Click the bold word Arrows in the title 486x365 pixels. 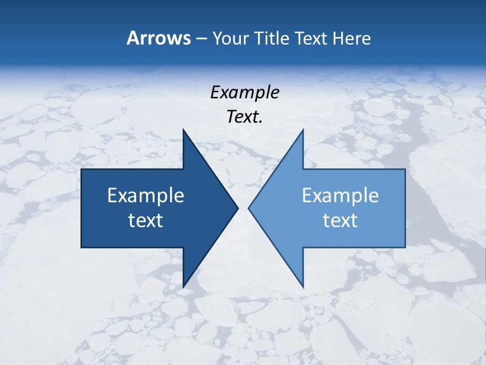158,38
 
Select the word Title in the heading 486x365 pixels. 273,39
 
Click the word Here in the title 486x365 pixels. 351,39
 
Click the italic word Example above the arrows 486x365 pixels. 245,92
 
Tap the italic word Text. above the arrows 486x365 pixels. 245,117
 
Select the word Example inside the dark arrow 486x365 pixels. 146,195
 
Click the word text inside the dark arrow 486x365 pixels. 146,220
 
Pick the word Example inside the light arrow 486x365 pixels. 340,195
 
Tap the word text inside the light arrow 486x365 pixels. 340,220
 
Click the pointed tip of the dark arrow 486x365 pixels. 237,208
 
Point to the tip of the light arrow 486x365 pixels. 249,208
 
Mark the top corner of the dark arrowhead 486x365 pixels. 183,130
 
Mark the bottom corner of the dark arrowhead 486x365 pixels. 183,287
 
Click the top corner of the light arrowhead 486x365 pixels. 303,130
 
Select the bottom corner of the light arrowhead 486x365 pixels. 303,287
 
